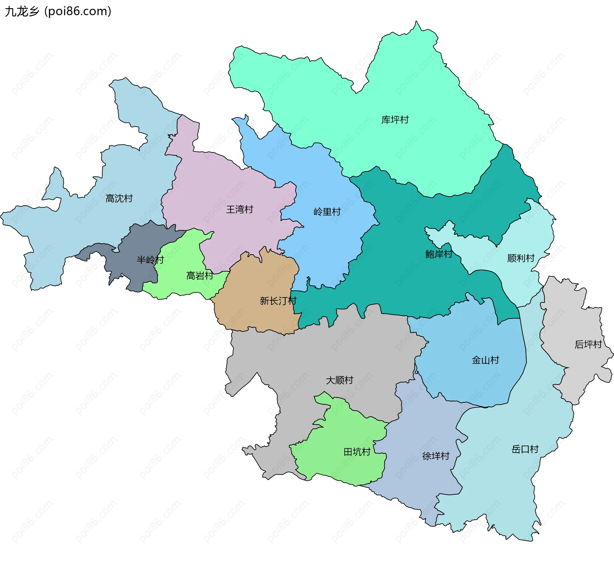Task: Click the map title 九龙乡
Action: point(22,12)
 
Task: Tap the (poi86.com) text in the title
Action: point(78,12)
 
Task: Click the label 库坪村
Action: point(395,120)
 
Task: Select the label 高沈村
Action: point(119,199)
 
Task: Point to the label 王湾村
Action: point(240,210)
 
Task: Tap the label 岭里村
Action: point(327,212)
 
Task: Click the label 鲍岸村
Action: point(438,254)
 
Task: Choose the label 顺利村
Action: point(521,258)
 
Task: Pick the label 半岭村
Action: point(150,260)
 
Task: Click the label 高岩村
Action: point(200,276)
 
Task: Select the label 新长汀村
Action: point(278,301)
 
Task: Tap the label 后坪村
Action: point(588,344)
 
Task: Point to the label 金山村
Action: point(485,360)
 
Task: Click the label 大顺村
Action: point(339,380)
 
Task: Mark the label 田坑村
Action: point(357,452)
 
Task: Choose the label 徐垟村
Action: point(436,456)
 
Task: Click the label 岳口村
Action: point(525,449)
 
